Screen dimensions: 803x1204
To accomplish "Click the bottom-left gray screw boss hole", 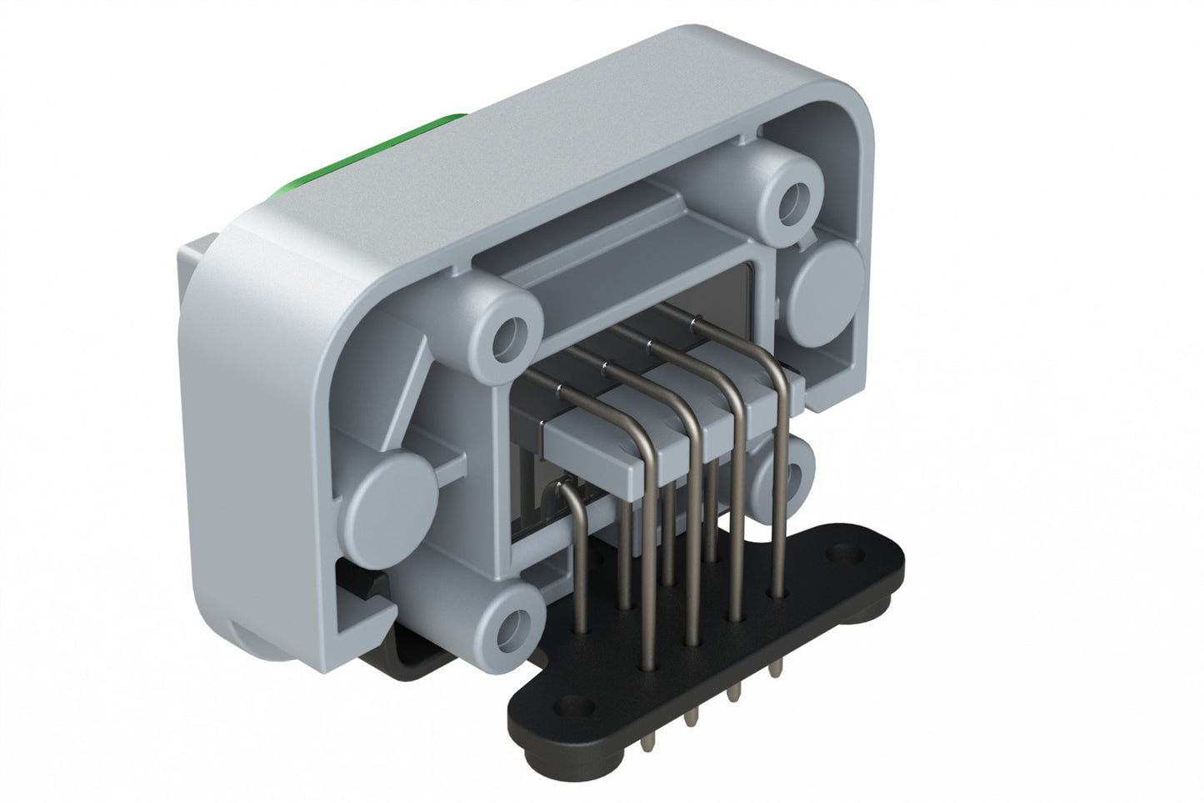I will (x=515, y=620).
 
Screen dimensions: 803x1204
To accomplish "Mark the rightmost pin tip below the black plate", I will (x=777, y=670).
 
